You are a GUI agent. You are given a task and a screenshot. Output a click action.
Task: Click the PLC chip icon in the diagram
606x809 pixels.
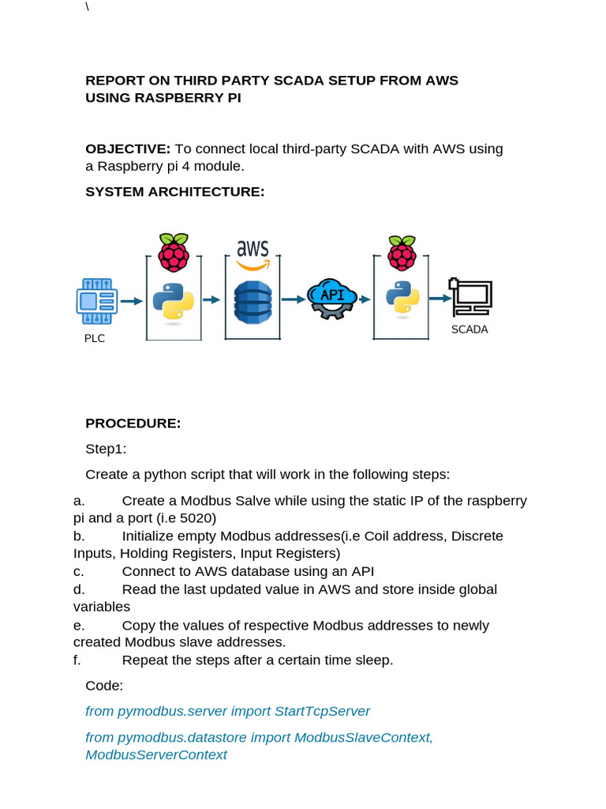coord(97,300)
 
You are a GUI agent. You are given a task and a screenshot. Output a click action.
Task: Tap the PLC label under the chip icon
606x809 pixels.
coord(95,338)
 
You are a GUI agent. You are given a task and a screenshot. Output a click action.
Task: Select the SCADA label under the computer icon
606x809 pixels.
coord(469,329)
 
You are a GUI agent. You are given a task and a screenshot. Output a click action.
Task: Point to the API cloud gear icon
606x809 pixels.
coord(331,298)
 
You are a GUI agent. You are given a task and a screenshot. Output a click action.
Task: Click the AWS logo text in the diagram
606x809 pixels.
coord(253,250)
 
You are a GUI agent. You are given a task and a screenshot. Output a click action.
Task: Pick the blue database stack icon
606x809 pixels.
coord(252,302)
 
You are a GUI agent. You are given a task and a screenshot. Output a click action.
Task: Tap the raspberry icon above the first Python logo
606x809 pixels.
coord(174,252)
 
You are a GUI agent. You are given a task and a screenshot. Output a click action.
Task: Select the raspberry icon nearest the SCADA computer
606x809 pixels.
coord(402,252)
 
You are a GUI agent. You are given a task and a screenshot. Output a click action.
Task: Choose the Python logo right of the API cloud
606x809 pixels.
coord(402,297)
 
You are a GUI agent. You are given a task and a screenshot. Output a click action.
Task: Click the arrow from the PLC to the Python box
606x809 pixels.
coord(132,300)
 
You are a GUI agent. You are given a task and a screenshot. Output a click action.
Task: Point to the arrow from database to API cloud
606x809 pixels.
coord(294,299)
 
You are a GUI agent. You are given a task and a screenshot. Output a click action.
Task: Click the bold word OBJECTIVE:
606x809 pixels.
coord(128,149)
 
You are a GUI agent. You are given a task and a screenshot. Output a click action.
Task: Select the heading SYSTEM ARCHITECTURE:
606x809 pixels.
coord(175,192)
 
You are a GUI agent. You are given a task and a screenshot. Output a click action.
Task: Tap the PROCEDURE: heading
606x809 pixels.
coord(133,423)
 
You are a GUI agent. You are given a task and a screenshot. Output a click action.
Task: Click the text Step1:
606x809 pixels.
coord(106,450)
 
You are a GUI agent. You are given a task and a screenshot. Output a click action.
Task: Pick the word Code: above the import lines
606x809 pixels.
coord(104,686)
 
